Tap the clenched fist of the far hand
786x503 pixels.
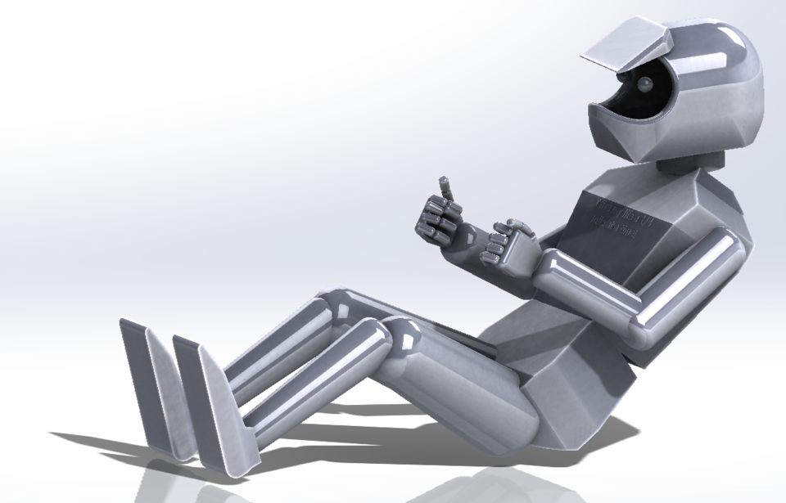point(436,219)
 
